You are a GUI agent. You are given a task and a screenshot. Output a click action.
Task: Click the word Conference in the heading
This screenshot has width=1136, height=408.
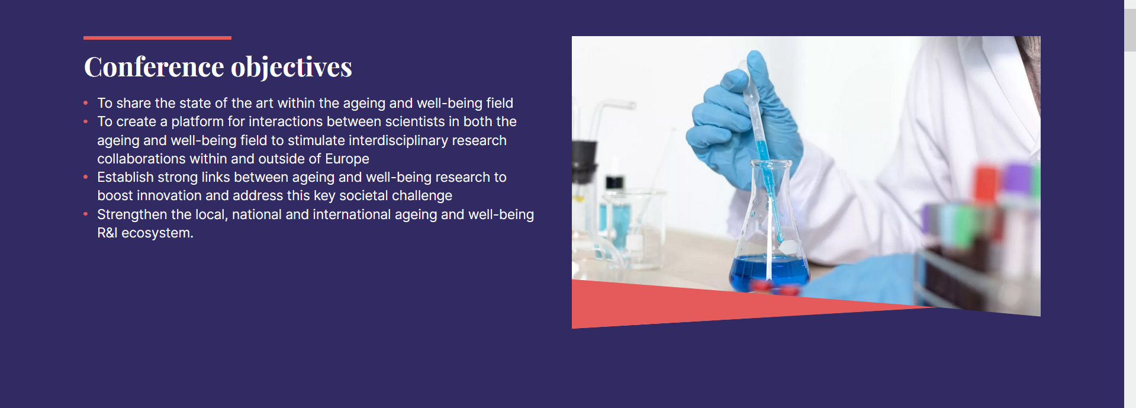coord(154,67)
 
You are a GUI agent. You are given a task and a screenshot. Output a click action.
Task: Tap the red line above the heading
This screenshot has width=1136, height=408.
coord(157,38)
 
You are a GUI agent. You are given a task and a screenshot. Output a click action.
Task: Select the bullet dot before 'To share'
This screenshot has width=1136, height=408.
coord(86,103)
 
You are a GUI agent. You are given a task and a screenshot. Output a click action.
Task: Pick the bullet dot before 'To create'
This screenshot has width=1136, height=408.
coord(86,121)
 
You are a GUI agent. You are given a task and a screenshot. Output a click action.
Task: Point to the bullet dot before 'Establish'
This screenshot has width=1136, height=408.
coord(86,177)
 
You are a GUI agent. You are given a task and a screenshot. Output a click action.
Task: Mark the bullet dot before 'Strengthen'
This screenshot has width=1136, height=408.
coord(86,214)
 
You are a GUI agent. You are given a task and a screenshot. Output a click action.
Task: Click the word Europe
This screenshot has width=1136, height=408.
coord(347,159)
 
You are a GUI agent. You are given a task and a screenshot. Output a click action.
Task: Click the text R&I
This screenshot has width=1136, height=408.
coord(107,233)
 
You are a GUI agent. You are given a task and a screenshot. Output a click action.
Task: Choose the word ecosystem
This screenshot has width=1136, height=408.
coord(157,233)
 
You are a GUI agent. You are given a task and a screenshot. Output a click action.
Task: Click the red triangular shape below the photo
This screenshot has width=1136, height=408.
coord(710,305)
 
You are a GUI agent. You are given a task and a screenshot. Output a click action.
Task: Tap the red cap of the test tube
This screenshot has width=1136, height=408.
coord(985,184)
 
